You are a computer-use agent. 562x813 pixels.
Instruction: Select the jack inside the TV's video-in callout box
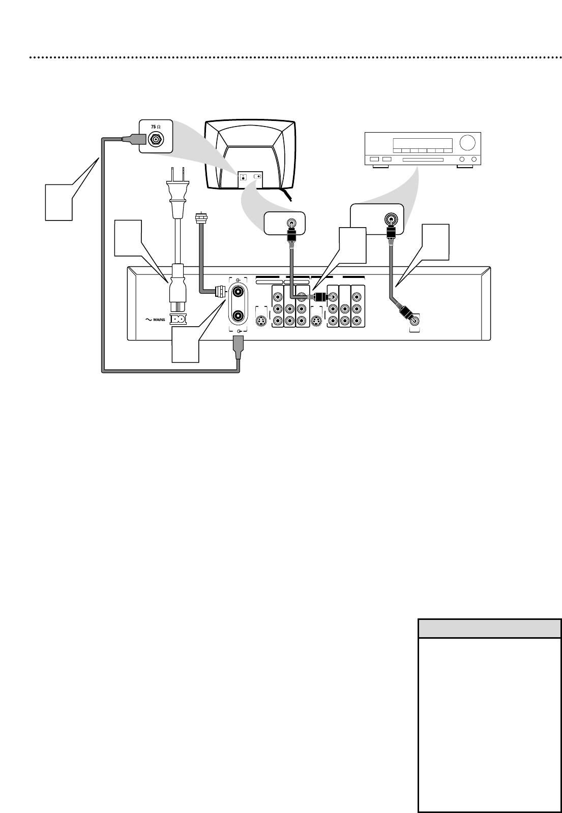291,222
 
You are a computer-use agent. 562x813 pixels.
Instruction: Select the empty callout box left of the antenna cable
58,202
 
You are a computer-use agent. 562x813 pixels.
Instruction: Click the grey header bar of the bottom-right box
489,628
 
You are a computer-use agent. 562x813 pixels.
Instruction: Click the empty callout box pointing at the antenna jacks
185,345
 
